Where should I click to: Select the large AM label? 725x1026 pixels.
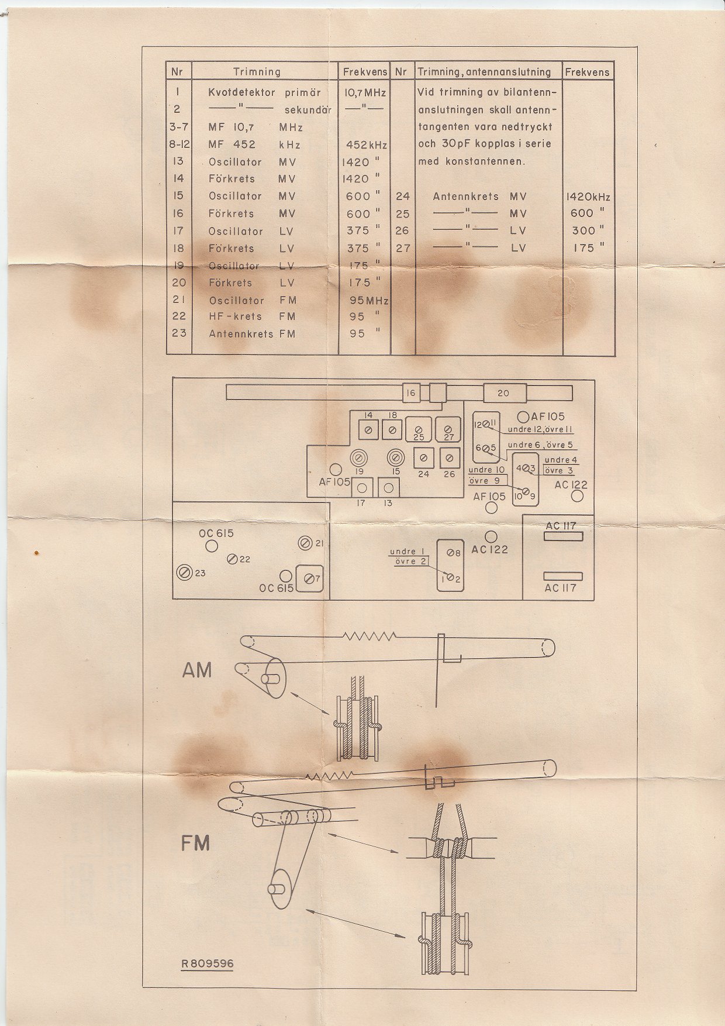pos(196,670)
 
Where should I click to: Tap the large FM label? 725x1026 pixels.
pos(195,843)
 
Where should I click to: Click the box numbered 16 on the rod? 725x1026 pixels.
pos(411,393)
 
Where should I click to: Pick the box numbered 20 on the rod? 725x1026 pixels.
pos(503,393)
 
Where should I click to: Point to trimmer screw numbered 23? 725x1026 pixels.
pos(185,572)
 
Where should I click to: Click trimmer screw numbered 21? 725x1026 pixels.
pos(305,543)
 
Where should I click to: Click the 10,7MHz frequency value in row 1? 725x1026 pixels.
pos(365,92)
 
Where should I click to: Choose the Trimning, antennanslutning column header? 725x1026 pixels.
pos(484,72)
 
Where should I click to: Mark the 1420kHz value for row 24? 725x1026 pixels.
pos(588,197)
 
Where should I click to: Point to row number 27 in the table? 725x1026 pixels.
pos(403,247)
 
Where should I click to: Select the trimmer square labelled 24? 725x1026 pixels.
pos(423,457)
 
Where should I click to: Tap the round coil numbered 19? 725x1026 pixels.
pos(359,457)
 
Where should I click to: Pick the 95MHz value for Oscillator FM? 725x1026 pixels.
pos(366,300)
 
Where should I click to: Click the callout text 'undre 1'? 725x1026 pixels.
pos(407,552)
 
